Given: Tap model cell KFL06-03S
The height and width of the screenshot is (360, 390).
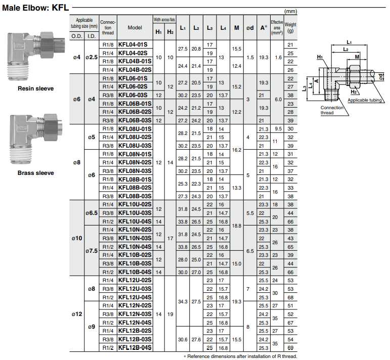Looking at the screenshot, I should click(x=133, y=95).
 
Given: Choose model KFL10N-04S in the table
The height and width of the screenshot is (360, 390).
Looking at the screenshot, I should click(x=135, y=247).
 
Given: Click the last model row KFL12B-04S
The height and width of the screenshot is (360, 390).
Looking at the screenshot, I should click(x=135, y=348).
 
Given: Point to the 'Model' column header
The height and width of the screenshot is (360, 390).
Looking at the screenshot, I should click(x=135, y=28).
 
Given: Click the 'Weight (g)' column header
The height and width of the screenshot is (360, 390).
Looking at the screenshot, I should click(x=290, y=27).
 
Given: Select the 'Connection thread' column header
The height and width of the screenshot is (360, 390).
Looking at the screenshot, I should click(x=108, y=28).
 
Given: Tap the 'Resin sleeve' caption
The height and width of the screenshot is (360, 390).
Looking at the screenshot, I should click(x=35, y=88).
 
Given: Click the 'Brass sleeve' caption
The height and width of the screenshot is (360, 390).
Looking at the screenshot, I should click(x=35, y=173).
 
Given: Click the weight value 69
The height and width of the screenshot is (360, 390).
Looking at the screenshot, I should click(x=290, y=348).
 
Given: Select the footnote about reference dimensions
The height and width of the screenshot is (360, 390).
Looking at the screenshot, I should click(x=240, y=356).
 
